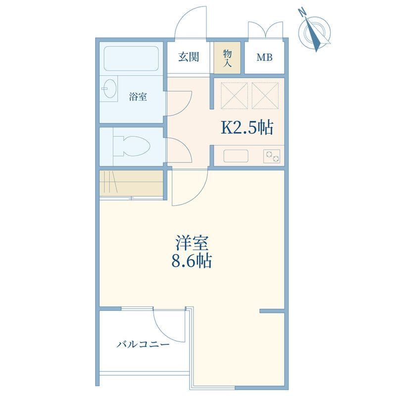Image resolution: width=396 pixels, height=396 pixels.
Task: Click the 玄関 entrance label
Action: [189, 57]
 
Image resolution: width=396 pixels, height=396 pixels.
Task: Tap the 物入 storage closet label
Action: [227, 58]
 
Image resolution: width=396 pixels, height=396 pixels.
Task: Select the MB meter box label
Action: [264, 57]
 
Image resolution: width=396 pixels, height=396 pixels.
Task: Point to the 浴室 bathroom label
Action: [138, 97]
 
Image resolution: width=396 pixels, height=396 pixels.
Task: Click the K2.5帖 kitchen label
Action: [247, 128]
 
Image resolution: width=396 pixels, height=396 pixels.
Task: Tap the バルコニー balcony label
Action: [143, 344]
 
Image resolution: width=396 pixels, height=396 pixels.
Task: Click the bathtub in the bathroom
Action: [131, 58]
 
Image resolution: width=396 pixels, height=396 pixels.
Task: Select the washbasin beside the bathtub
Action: [109, 89]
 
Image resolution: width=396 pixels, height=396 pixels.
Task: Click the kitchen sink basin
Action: [236, 156]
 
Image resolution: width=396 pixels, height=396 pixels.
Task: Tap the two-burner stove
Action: [272, 156]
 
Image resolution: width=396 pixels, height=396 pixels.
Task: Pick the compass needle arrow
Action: [312, 35]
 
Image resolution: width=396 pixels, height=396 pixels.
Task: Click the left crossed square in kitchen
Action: [234, 96]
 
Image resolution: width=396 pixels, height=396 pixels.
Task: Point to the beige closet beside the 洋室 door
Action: [131, 183]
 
